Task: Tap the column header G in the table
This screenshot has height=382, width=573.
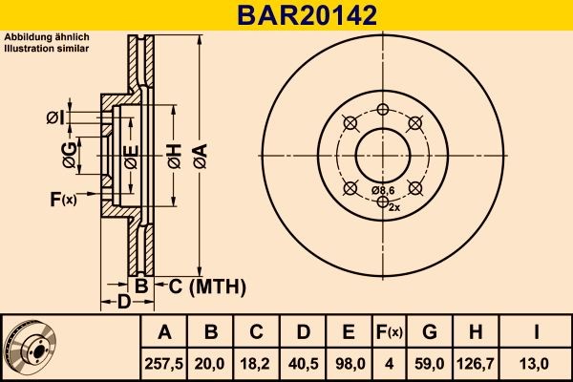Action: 429,331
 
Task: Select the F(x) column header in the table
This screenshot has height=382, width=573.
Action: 388,331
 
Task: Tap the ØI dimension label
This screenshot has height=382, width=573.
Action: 54,117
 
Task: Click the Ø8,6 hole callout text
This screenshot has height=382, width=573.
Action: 382,191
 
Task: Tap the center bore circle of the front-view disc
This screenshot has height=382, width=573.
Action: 382,152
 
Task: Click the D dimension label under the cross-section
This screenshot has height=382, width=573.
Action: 123,303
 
